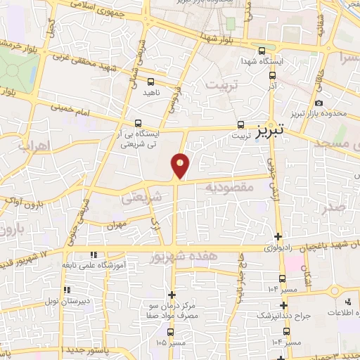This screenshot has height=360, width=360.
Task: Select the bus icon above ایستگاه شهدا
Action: pyautogui.click(x=262, y=51)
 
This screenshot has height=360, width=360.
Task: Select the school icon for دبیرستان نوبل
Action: pyautogui.click(x=65, y=290)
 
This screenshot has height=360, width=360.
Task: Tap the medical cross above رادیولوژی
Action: pyautogui.click(x=279, y=236)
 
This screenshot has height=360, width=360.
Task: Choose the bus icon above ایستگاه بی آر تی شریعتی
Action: pyautogui.click(x=139, y=121)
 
